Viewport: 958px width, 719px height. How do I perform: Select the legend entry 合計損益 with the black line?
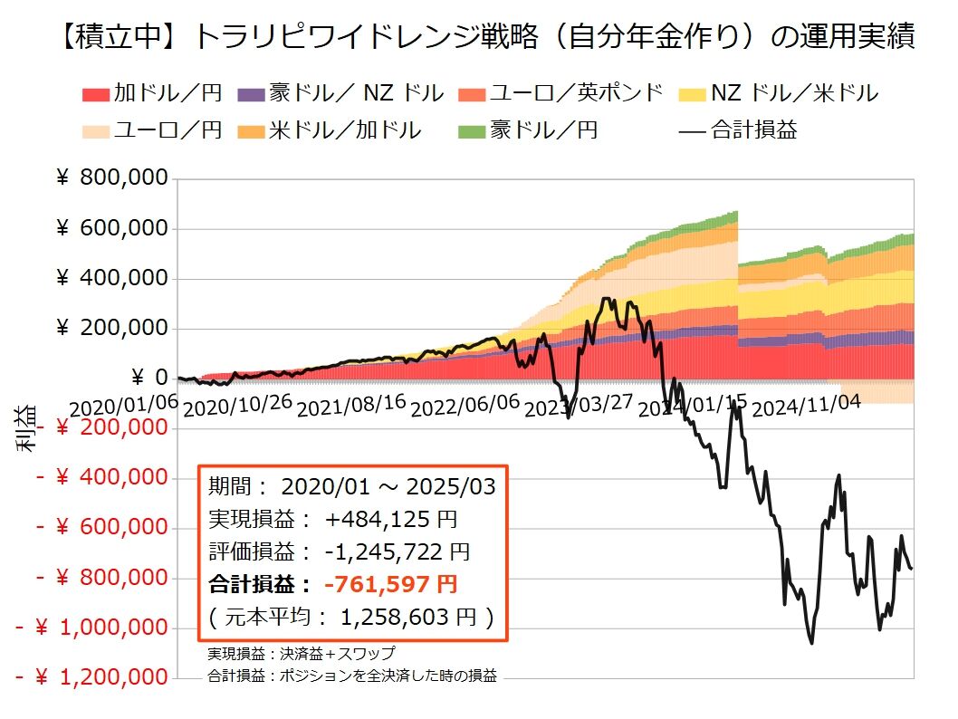tap(738, 129)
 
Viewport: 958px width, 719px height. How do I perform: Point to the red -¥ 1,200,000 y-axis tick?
tap(92, 676)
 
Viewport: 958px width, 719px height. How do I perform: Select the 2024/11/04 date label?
tap(806, 408)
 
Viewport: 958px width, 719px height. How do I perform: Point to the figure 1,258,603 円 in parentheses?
tap(407, 618)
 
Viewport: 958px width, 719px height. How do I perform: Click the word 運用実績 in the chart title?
tap(856, 37)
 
